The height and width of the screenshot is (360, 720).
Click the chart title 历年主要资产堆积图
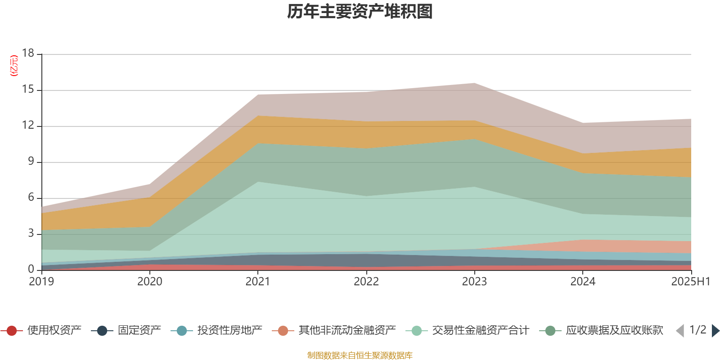click(x=360, y=12)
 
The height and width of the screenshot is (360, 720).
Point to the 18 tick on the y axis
click(x=28, y=53)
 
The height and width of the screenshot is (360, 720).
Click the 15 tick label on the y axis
click(x=28, y=90)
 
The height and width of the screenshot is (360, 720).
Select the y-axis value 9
click(x=31, y=161)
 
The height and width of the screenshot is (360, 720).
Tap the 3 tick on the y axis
click(x=31, y=233)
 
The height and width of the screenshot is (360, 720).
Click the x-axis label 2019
click(x=41, y=282)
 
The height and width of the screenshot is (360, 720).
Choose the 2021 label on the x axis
click(x=258, y=282)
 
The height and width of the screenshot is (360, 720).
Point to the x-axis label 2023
click(x=474, y=282)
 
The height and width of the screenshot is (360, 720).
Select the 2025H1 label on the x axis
click(x=690, y=282)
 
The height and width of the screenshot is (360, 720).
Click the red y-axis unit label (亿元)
click(x=14, y=66)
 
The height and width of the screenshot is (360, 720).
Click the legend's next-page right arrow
click(x=715, y=331)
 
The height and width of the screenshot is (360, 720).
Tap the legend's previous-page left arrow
click(x=680, y=331)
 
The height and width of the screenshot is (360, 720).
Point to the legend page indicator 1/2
click(x=697, y=330)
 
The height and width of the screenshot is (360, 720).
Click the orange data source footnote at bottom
click(x=360, y=355)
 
